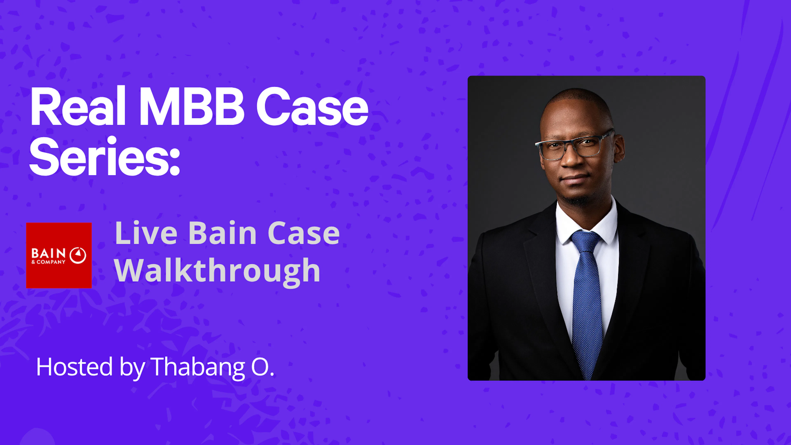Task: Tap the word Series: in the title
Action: (104, 157)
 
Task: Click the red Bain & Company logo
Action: (59, 255)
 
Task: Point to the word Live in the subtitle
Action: (146, 233)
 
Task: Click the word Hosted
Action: (75, 367)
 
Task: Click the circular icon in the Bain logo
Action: (78, 255)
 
